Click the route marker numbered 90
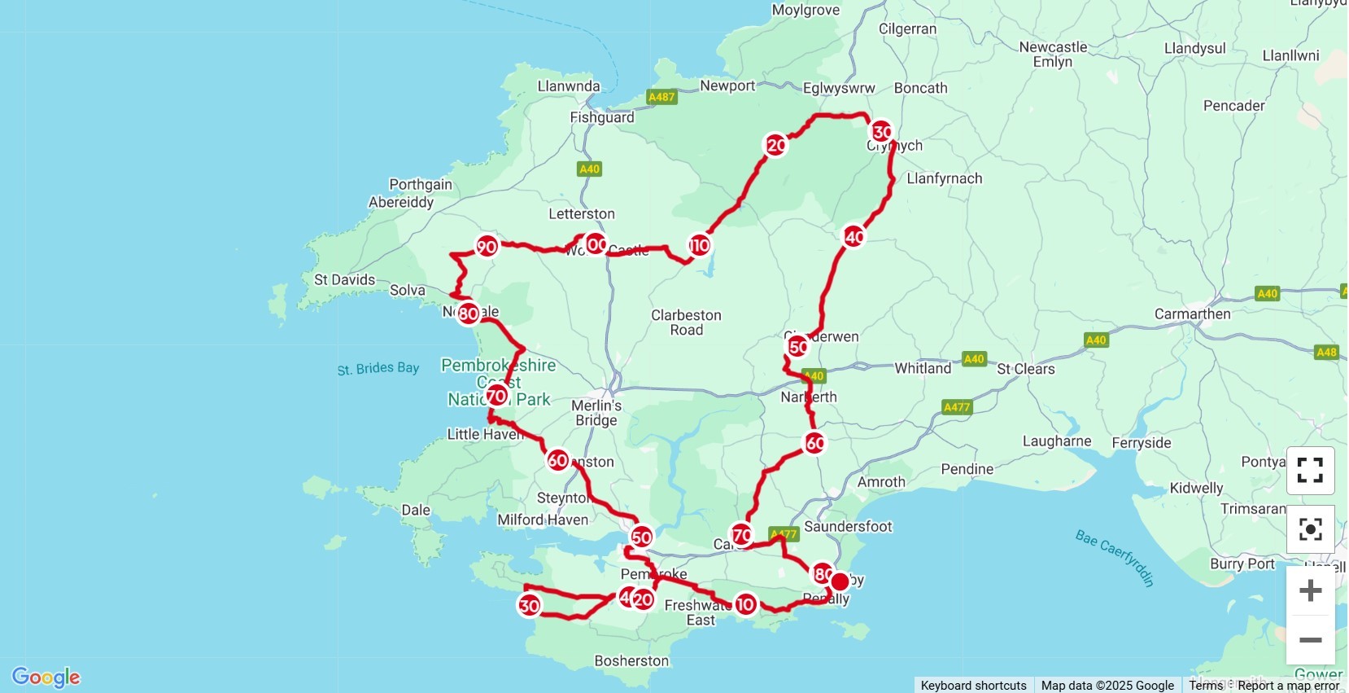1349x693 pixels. pyautogui.click(x=487, y=246)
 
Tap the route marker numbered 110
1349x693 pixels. pyautogui.click(x=699, y=245)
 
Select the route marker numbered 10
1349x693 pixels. pyautogui.click(x=745, y=604)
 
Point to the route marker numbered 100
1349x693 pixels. pyautogui.click(x=596, y=244)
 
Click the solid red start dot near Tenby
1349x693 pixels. pyautogui.click(x=840, y=581)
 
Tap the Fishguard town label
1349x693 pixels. pyautogui.click(x=601, y=117)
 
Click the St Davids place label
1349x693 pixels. pyautogui.click(x=345, y=279)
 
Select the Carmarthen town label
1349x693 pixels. pyautogui.click(x=1192, y=314)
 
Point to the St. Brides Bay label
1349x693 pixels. pyautogui.click(x=378, y=369)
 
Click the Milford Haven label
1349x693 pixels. pyautogui.click(x=543, y=520)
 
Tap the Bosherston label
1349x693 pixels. pyautogui.click(x=631, y=660)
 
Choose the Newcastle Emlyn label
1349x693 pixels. pyautogui.click(x=1053, y=54)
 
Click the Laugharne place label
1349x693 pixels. pyautogui.click(x=1057, y=441)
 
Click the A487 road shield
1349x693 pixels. pyautogui.click(x=661, y=97)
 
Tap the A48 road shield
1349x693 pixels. pyautogui.click(x=1326, y=352)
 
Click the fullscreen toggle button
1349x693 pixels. pyautogui.click(x=1310, y=470)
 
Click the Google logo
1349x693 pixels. pyautogui.click(x=46, y=677)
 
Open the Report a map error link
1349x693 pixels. pyautogui.click(x=1288, y=686)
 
